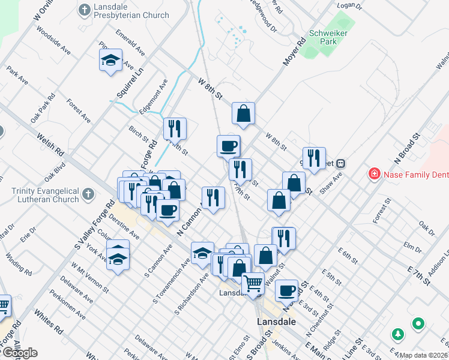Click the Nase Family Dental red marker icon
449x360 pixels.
click(374, 174)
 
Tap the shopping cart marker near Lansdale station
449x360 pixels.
click(253, 283)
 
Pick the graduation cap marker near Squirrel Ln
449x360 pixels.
click(111, 60)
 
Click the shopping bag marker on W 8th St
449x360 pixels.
click(244, 113)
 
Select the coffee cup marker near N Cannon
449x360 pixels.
click(167, 210)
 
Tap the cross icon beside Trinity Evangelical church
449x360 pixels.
click(88, 194)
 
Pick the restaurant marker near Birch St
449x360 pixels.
click(175, 128)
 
